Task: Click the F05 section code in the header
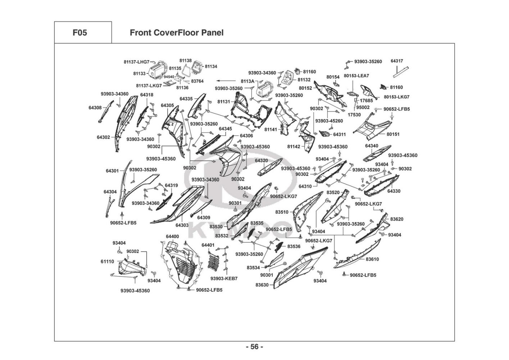pyautogui.click(x=79, y=33)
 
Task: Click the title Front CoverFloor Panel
pyautogui.click(x=176, y=33)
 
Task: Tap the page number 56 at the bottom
pyautogui.click(x=254, y=347)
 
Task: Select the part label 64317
pyautogui.click(x=397, y=61)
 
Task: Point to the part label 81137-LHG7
pyautogui.click(x=136, y=62)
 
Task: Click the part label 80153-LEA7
pyautogui.click(x=356, y=76)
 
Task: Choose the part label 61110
pyautogui.click(x=107, y=262)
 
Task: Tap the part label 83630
pyautogui.click(x=262, y=285)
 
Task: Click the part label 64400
pyautogui.click(x=172, y=237)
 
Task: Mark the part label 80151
pyautogui.click(x=393, y=134)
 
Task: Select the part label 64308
pyautogui.click(x=95, y=107)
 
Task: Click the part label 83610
pyautogui.click(x=372, y=259)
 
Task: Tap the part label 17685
pyautogui.click(x=366, y=101)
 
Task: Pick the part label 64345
pyautogui.click(x=225, y=129)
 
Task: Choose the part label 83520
pyautogui.click(x=333, y=193)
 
